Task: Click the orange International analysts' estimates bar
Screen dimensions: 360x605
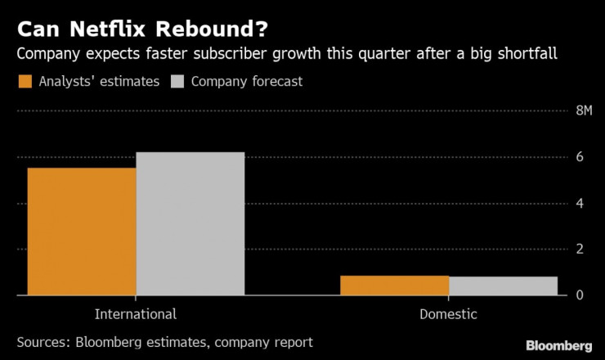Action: [x=82, y=231]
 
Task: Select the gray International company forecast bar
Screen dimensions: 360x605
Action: [x=190, y=223]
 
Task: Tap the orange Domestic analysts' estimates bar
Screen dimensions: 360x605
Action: [x=394, y=285]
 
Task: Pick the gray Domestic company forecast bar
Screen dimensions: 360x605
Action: [x=503, y=286]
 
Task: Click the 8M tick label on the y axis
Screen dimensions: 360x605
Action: [x=585, y=111]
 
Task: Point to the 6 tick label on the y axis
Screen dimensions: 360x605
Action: [x=580, y=157]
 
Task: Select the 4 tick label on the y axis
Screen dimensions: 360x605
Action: [x=580, y=203]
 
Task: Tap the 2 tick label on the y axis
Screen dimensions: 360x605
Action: [x=580, y=249]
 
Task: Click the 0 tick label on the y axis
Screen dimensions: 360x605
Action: [x=580, y=295]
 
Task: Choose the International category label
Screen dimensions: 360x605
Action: [x=136, y=314]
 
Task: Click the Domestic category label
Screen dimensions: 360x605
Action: [x=448, y=314]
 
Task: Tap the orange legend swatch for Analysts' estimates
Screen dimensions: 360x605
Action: [x=25, y=82]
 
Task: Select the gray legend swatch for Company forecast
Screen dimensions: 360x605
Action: [x=177, y=82]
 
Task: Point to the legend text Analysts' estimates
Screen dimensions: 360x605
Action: [x=99, y=82]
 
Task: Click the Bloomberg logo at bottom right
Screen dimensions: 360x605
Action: [x=559, y=344]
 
